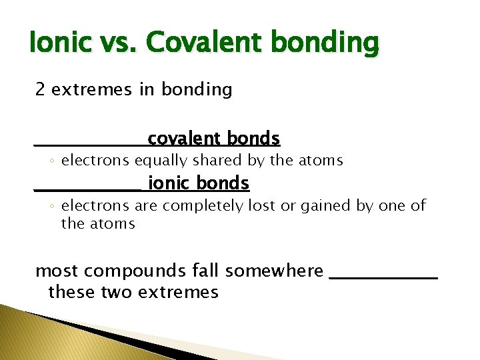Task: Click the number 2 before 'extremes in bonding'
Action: pos(40,90)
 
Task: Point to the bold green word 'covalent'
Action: pos(184,139)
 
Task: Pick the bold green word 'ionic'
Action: pos(166,183)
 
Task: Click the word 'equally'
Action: pos(159,161)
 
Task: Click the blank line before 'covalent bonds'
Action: pos(90,144)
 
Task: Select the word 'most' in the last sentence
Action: pos(57,271)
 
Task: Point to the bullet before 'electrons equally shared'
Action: pos(52,161)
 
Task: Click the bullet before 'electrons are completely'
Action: pos(52,207)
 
